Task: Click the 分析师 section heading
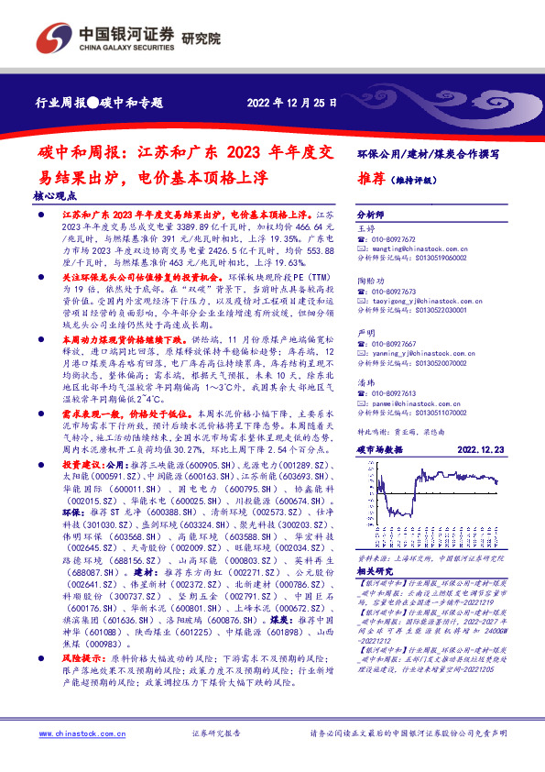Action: coord(371,210)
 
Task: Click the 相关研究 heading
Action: coord(375,595)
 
